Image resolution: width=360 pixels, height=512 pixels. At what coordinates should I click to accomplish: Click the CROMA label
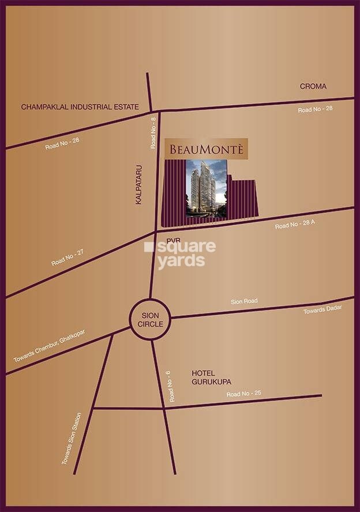(x=313, y=87)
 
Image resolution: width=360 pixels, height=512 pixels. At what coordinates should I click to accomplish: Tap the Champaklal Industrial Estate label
(x=80, y=107)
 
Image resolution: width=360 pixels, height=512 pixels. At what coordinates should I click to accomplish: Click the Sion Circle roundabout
(x=150, y=319)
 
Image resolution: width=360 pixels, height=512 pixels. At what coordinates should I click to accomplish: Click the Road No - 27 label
(x=67, y=257)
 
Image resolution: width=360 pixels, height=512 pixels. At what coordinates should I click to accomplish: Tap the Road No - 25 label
(x=243, y=394)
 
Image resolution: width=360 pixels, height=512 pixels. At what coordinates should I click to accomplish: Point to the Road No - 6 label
(x=171, y=387)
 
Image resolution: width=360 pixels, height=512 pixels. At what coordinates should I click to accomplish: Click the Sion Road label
(x=244, y=301)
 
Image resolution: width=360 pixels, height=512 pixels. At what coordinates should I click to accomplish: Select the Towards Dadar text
(x=322, y=310)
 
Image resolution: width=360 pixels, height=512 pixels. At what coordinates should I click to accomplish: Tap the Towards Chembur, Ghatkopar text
(x=49, y=346)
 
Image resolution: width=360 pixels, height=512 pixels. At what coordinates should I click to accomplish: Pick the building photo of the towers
(x=206, y=189)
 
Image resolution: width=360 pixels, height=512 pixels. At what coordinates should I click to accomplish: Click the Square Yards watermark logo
(x=180, y=255)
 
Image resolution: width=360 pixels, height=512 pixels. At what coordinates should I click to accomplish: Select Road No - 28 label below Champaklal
(x=62, y=143)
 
